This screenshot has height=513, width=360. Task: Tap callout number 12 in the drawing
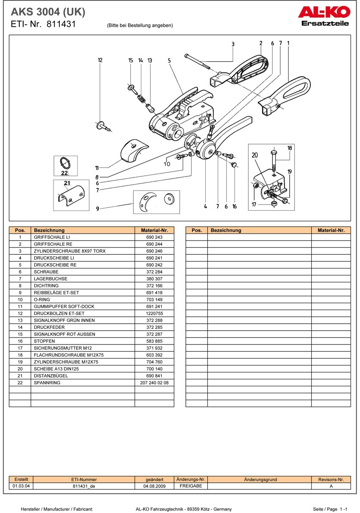click(x=100, y=60)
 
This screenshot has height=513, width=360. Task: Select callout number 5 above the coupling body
click(x=169, y=61)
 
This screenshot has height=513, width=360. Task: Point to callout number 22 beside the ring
click(x=65, y=172)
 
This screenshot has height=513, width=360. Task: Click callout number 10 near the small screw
click(x=167, y=164)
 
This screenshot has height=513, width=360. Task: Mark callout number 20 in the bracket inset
click(x=254, y=155)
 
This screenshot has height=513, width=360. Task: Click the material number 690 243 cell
click(x=154, y=237)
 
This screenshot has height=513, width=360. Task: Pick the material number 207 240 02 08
click(x=154, y=382)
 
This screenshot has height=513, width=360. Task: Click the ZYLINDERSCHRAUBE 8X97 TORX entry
click(x=69, y=251)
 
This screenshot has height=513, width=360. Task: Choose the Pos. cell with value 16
click(x=20, y=341)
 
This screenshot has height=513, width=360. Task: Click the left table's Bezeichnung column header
click(x=49, y=230)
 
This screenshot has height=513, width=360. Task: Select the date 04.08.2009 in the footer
click(x=154, y=486)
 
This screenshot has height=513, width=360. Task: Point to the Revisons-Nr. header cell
click(x=331, y=479)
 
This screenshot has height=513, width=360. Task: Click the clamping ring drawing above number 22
click(x=65, y=163)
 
